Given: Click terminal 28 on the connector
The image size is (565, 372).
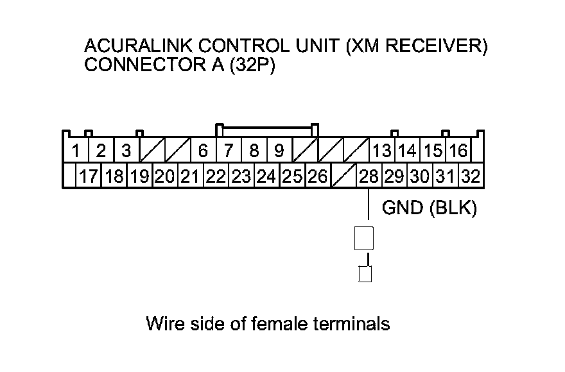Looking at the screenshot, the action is tap(369, 176).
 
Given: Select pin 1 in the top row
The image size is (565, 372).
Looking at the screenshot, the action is tap(75, 150).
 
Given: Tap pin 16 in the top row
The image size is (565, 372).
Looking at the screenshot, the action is tap(458, 150).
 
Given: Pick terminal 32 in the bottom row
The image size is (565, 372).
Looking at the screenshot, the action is tap(471, 176).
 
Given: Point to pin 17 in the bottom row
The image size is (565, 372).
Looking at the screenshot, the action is tap(89, 176).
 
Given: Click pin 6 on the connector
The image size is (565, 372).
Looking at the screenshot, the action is tap(204, 150).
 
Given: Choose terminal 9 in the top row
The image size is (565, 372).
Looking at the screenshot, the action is tap(280, 150).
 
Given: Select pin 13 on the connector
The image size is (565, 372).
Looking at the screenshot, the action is tap(382, 150).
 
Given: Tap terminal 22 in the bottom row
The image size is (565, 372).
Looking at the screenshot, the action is tap(216, 176).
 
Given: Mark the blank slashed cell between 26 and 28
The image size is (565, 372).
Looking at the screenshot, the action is tap(343, 176).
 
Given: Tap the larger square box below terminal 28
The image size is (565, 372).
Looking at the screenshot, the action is tap(364, 238).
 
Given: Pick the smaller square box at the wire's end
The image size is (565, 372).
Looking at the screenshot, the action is tap(365, 274).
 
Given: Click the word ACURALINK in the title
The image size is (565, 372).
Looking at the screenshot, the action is tap(138, 46).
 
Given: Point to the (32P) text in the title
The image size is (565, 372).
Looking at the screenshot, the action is tap(252, 65).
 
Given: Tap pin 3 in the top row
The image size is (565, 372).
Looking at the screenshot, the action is tap(126, 150).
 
